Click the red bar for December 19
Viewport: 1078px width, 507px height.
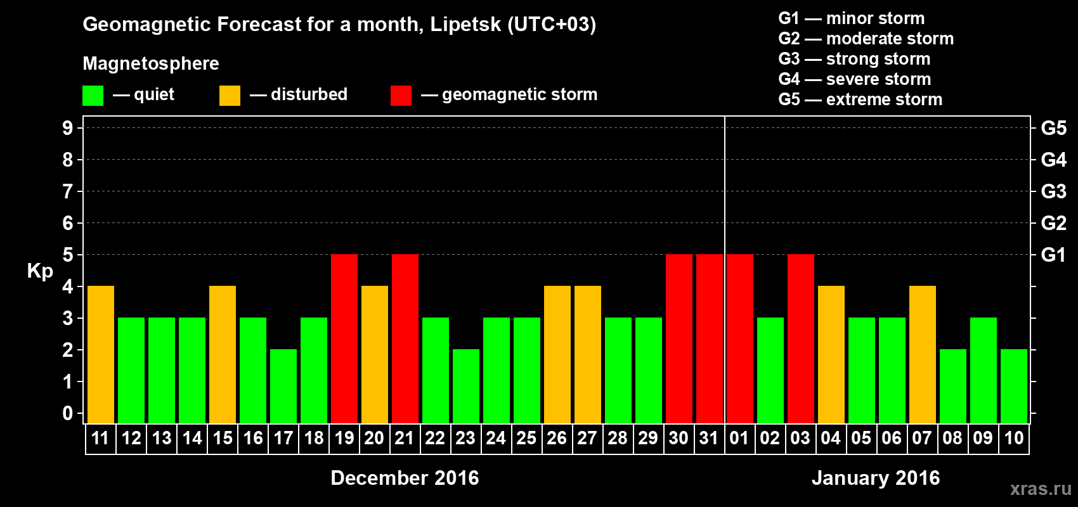click(x=344, y=338)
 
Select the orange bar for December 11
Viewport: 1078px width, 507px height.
click(x=101, y=354)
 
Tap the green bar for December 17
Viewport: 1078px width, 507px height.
click(x=283, y=386)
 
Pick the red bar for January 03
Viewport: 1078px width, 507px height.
click(x=801, y=338)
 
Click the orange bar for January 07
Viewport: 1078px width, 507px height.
click(x=923, y=354)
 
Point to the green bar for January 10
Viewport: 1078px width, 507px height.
click(x=1014, y=386)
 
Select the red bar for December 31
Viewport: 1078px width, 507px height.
click(x=710, y=338)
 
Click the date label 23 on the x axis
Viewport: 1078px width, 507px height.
click(x=465, y=439)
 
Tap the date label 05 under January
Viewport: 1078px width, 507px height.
click(x=861, y=439)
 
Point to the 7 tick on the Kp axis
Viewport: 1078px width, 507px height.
click(x=68, y=191)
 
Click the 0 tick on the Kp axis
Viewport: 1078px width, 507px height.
click(x=68, y=414)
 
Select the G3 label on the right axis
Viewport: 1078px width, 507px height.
click(x=1053, y=191)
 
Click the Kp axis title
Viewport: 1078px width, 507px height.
click(x=40, y=271)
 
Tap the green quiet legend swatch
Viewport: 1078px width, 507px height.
click(x=93, y=96)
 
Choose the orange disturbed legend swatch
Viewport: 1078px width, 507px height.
click(x=230, y=96)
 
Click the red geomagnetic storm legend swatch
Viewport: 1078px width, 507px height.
click(x=401, y=96)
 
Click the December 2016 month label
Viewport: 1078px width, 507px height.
click(x=405, y=478)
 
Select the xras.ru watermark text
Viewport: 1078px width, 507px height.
click(x=1041, y=489)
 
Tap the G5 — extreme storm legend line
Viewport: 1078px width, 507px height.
click(x=860, y=99)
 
